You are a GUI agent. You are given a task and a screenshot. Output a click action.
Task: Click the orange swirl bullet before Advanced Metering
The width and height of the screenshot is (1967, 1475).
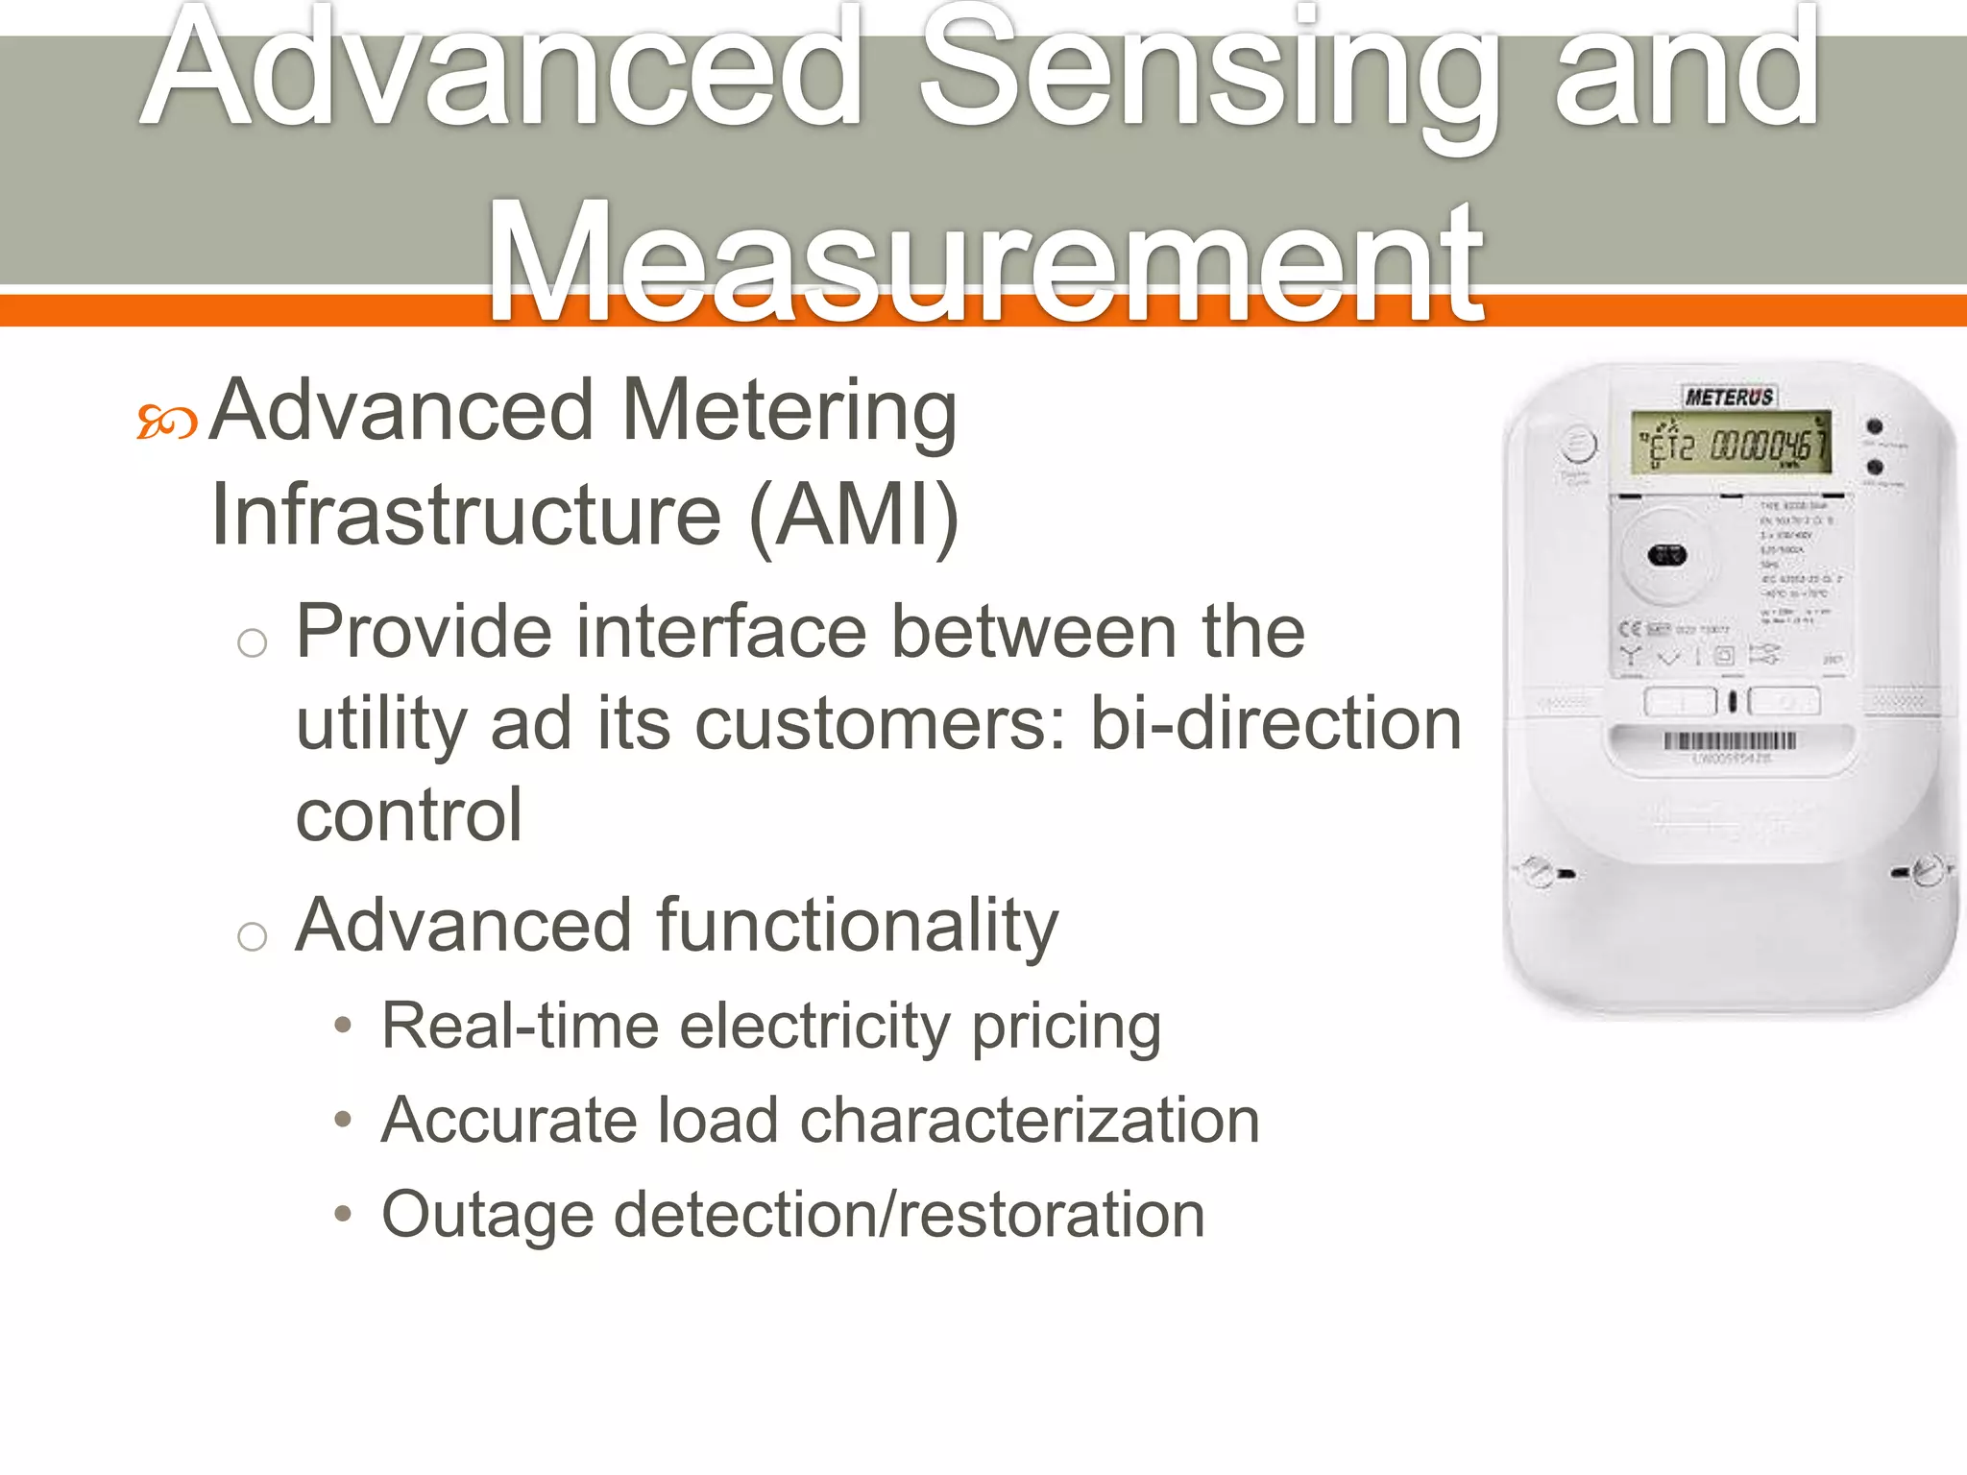pos(166,422)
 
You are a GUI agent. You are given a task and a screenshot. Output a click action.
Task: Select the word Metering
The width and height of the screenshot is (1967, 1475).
pos(789,412)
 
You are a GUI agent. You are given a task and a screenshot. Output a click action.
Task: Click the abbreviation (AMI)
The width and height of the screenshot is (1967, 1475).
pos(853,516)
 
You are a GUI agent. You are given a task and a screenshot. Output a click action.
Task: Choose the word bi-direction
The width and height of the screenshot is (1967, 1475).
pos(1275,724)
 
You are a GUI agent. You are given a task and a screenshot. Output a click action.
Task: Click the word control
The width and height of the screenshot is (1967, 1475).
pos(409,815)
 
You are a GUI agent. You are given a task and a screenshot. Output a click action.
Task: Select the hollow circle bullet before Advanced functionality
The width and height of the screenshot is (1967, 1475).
pos(252,935)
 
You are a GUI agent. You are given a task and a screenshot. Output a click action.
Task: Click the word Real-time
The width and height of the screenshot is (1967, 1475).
pos(521,1026)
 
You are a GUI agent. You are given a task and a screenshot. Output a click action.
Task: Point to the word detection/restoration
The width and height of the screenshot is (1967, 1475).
pos(909,1214)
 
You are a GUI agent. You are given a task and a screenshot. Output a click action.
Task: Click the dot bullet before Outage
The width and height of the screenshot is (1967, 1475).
pos(343,1215)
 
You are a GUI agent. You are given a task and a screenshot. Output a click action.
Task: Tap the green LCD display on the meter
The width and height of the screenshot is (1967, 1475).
pos(1730,445)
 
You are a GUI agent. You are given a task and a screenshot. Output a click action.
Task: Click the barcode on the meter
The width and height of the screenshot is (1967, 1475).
pos(1730,740)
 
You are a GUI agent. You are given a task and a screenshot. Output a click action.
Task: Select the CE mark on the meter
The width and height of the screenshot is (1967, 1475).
pos(1630,629)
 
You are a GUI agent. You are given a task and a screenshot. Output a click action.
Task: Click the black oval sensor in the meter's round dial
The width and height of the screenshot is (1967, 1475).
pos(1666,555)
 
